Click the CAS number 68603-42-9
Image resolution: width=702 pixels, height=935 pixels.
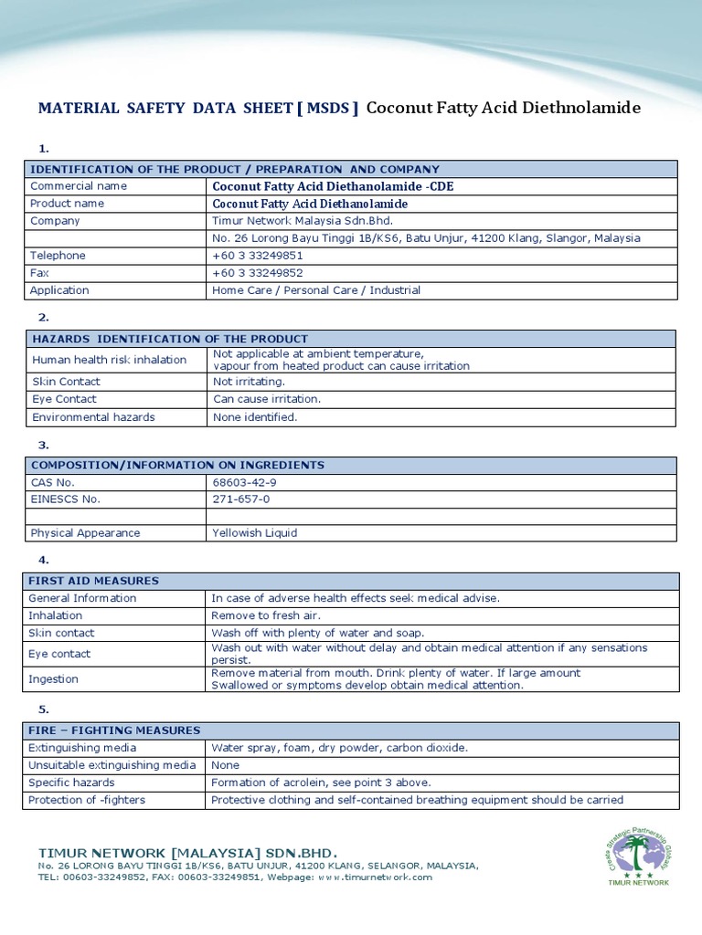tap(244, 482)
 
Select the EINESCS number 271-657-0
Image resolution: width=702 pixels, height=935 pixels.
tap(241, 499)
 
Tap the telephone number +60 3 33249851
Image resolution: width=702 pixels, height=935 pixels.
tap(258, 256)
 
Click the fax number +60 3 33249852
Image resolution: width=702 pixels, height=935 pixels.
tap(258, 273)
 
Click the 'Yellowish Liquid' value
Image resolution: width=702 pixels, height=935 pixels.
tap(255, 533)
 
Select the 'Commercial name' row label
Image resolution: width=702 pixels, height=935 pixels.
tap(79, 186)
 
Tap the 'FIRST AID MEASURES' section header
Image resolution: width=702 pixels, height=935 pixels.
tap(94, 581)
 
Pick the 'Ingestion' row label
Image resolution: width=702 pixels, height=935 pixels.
tap(54, 679)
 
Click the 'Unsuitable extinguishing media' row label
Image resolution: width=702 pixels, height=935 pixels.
tap(112, 765)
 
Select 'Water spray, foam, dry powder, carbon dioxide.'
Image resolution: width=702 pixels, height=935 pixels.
tap(339, 748)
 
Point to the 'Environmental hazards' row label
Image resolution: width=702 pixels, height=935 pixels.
tap(93, 417)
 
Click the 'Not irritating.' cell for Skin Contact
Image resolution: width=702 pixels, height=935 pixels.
tap(249, 382)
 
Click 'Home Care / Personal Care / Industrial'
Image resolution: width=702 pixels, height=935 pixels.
tap(316, 290)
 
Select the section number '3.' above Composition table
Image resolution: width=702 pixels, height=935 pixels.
tap(43, 446)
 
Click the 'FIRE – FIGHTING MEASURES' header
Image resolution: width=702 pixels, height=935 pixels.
tap(114, 730)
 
